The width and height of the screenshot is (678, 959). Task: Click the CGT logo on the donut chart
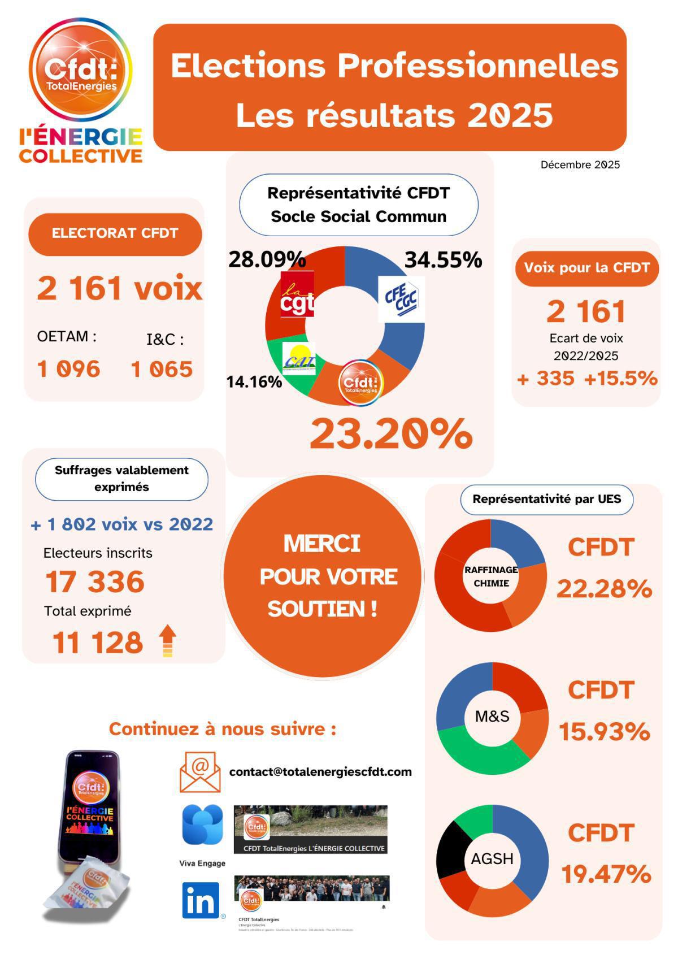[x=298, y=294]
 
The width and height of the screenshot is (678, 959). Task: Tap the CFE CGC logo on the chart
[x=401, y=299]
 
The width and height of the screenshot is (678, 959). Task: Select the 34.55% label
[x=443, y=260]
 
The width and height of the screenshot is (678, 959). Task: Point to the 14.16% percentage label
[x=254, y=382]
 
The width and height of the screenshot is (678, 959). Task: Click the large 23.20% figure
[x=390, y=434]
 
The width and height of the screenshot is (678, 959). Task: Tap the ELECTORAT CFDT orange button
[x=115, y=233]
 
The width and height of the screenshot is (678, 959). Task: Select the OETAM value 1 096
[x=68, y=370]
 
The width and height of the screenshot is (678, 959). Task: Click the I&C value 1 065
[x=162, y=370]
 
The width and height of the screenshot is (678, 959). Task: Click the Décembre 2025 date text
[x=580, y=165]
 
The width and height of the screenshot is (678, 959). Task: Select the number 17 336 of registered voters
[x=95, y=582]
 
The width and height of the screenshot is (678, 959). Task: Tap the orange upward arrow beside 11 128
[x=167, y=641]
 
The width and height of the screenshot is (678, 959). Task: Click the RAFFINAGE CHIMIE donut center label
[x=491, y=576]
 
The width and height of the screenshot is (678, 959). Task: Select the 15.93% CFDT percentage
[x=604, y=732]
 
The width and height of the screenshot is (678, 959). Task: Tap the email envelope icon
[x=200, y=771]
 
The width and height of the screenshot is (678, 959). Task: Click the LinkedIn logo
[x=201, y=900]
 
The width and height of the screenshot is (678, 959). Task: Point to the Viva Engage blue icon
[x=202, y=825]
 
